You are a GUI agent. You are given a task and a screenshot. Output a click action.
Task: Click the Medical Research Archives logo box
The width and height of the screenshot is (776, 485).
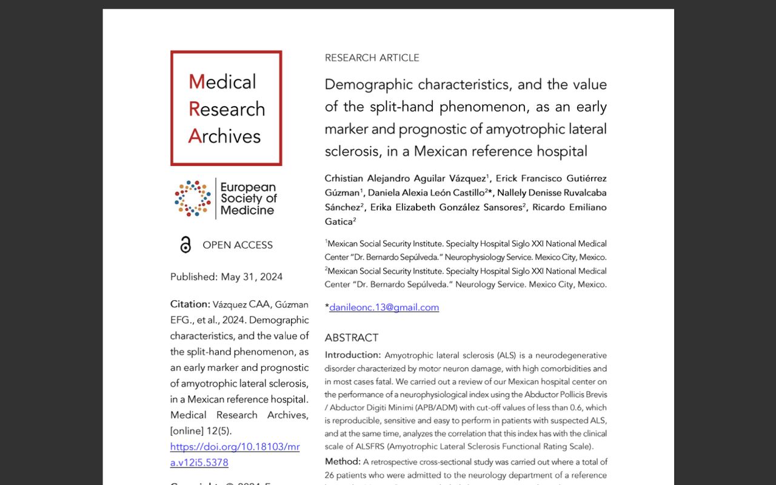pyautogui.click(x=226, y=108)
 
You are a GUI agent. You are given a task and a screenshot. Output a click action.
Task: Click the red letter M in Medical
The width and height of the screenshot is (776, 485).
pyautogui.click(x=196, y=82)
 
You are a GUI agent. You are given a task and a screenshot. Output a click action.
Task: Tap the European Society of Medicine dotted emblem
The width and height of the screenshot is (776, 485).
pyautogui.click(x=193, y=198)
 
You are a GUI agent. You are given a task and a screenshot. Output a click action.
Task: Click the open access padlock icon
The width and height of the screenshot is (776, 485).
pyautogui.click(x=186, y=245)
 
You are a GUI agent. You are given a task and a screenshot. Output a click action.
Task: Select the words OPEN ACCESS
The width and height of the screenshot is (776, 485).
pyautogui.click(x=238, y=245)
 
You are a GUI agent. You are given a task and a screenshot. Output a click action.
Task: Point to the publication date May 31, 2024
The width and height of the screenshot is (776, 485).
pyautogui.click(x=252, y=277)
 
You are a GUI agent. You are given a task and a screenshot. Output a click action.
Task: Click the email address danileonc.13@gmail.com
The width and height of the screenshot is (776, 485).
pyautogui.click(x=384, y=307)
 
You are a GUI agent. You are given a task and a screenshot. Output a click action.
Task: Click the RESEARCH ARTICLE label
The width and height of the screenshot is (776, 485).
pyautogui.click(x=372, y=58)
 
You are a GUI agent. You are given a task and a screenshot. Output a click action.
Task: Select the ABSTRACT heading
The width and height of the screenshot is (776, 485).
pyautogui.click(x=352, y=338)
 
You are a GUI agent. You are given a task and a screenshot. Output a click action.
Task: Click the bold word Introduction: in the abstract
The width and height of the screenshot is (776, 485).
pyautogui.click(x=352, y=355)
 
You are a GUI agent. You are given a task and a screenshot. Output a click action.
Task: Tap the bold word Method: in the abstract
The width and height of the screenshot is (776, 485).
pyautogui.click(x=343, y=462)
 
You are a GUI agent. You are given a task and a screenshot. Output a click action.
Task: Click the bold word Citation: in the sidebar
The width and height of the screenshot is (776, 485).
pyautogui.click(x=190, y=304)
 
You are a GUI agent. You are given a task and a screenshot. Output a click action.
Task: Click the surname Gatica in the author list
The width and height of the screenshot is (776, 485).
pyautogui.click(x=338, y=222)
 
